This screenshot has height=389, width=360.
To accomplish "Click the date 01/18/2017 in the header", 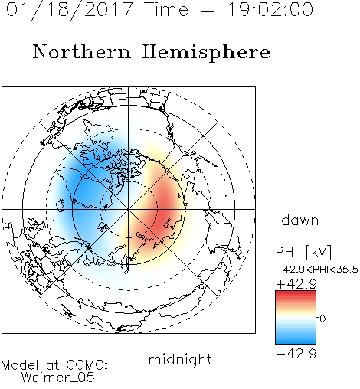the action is (x=69, y=10).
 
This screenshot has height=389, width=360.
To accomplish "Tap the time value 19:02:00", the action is (x=270, y=9).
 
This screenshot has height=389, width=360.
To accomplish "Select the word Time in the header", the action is (x=166, y=9).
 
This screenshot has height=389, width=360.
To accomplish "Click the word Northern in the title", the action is (x=82, y=51).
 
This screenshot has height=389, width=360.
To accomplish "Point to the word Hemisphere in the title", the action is (x=206, y=53).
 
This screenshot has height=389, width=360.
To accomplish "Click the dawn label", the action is (x=300, y=220).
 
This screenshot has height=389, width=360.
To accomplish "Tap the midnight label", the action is (x=180, y=359).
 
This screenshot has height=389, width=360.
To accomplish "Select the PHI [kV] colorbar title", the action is (x=303, y=252).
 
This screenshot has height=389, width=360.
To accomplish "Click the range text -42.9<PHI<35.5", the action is (x=317, y=270).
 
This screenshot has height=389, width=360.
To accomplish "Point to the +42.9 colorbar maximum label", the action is (x=296, y=283).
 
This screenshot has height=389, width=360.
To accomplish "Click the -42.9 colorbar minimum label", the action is (x=296, y=354).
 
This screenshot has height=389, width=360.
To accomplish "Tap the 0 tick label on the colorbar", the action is (x=322, y=319).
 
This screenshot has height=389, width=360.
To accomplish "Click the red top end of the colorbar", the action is (x=296, y=293).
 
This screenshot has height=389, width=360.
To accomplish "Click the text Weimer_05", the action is (x=57, y=378).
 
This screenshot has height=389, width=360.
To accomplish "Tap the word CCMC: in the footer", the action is (x=87, y=365).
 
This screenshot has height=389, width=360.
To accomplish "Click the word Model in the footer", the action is (x=20, y=365).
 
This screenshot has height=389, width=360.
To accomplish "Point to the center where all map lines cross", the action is (x=129, y=209).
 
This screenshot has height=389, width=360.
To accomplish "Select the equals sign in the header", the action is (x=208, y=11).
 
